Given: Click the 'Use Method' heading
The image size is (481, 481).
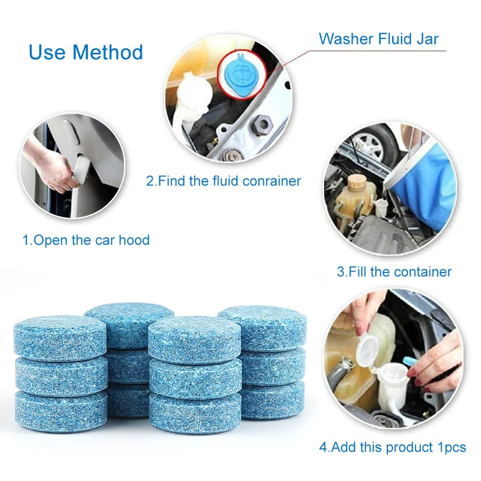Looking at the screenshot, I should tap(85, 52).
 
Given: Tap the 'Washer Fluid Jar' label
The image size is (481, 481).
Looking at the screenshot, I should tap(379, 39).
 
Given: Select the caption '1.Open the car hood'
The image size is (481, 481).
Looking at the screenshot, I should tap(86, 240).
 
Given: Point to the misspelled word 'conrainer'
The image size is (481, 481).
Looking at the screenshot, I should tap(271, 180).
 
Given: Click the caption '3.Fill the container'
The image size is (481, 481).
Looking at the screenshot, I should tap(394, 271).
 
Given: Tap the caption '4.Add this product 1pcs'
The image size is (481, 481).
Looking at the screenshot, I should tap(393, 447).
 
